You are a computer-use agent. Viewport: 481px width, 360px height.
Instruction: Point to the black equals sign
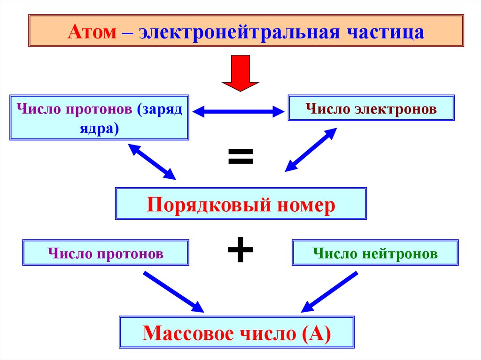[x=240, y=157]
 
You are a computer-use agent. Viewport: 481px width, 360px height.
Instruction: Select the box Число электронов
[x=371, y=109]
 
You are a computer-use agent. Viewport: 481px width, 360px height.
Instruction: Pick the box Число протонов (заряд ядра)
[x=99, y=117]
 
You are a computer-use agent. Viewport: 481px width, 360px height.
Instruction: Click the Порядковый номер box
[x=240, y=204]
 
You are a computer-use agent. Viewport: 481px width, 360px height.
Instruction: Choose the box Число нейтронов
[x=375, y=253]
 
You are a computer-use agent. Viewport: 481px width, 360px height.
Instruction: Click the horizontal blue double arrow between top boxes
[x=239, y=112]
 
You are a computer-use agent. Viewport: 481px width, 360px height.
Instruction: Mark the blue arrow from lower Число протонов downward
[x=173, y=291]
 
